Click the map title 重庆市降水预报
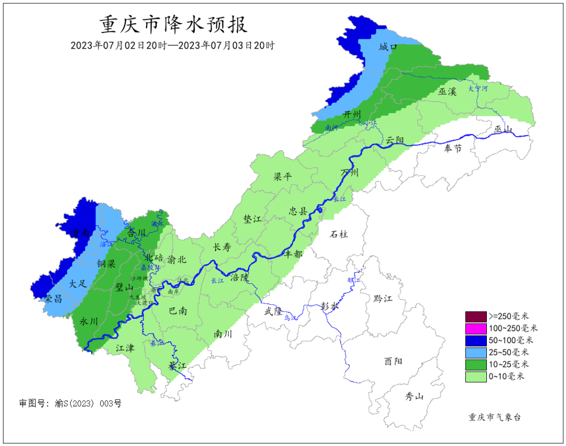173,25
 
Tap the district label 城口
388,48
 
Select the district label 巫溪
448,92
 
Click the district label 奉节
453,149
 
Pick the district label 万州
350,173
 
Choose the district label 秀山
414,396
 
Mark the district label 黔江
383,298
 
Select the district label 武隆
273,311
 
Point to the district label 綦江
177,365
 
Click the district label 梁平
282,177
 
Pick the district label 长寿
222,248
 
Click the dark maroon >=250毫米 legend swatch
475,316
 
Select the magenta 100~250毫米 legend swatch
475,328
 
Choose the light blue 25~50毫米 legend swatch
475,352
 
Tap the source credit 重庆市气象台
494,417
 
